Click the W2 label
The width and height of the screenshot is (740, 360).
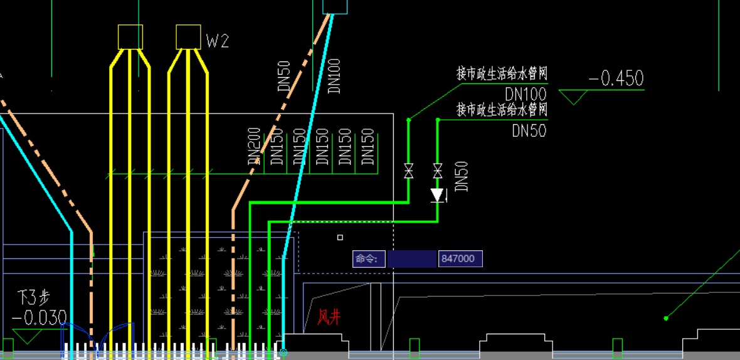click(x=218, y=41)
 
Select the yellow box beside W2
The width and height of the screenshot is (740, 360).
click(x=188, y=36)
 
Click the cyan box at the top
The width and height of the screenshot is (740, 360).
click(x=334, y=6)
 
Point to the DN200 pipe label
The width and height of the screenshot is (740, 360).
click(x=254, y=147)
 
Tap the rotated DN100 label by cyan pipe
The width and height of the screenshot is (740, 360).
click(x=334, y=76)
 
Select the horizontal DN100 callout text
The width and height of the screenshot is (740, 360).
click(x=526, y=94)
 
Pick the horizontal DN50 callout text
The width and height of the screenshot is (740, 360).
click(x=529, y=130)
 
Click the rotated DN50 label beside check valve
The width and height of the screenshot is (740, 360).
click(x=462, y=176)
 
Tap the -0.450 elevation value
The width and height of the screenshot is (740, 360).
click(x=616, y=78)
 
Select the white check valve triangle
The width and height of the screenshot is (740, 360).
click(x=438, y=195)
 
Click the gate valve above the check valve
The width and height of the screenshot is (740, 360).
click(x=438, y=170)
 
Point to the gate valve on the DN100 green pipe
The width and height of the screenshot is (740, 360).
click(x=408, y=170)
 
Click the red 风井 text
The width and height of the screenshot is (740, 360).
click(x=329, y=317)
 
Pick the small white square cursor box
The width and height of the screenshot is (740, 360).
click(x=340, y=238)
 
